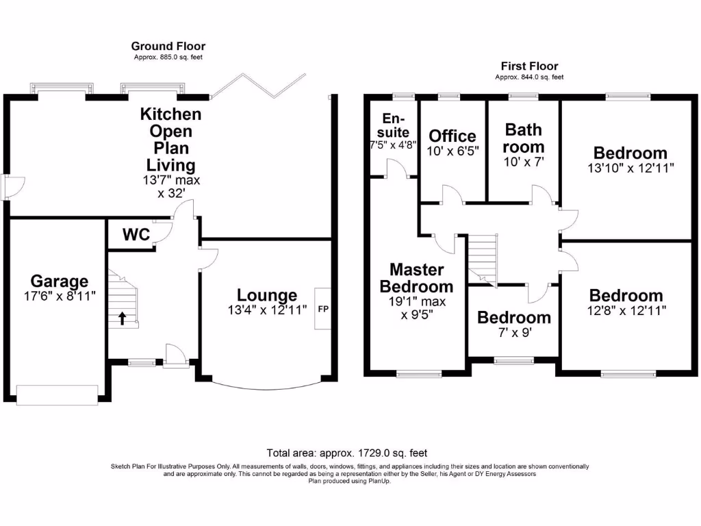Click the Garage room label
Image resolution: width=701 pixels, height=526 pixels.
(59, 281)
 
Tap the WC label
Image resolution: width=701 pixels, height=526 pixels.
(136, 235)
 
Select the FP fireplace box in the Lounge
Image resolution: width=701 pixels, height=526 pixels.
(323, 309)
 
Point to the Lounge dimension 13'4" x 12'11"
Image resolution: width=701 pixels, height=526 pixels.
(267, 310)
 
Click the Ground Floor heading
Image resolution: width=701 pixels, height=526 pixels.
(168, 47)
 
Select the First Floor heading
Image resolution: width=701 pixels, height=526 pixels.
(529, 66)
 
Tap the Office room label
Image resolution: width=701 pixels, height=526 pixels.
(452, 136)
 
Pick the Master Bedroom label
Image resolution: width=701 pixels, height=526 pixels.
(416, 278)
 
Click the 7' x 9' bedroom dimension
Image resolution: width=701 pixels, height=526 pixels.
(513, 334)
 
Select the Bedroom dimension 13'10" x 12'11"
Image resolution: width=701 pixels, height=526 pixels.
(630, 168)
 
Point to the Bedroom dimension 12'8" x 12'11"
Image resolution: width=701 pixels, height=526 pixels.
(626, 310)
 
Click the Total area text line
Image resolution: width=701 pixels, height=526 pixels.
(346, 453)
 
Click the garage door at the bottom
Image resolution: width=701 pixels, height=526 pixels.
(58, 395)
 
